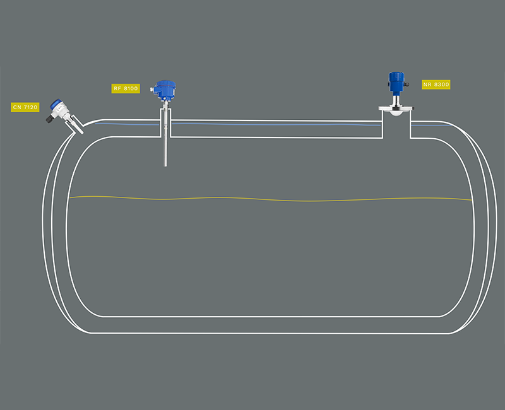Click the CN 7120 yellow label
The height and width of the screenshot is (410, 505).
tap(25, 107)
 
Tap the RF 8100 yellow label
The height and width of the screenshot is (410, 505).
tap(126, 89)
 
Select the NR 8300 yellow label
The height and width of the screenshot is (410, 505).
tap(436, 84)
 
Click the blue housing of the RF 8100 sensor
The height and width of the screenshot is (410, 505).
tap(165, 91)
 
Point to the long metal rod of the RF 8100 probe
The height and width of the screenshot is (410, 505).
tap(165, 142)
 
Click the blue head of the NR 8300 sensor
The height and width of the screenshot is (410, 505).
tap(395, 81)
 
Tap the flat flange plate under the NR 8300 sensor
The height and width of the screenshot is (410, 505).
tap(395, 108)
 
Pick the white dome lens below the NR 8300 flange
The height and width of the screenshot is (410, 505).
tap(395, 114)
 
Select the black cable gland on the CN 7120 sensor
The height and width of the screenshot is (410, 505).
tap(52, 119)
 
